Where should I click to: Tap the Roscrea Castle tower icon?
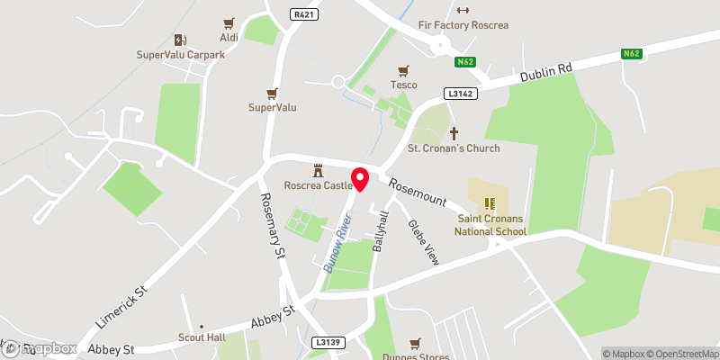318,170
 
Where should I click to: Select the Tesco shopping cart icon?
403,70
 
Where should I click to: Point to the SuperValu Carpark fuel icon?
179,40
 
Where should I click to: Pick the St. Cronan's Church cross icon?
454,133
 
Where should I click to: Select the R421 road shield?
302,14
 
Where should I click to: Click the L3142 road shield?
459,94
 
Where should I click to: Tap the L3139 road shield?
328,343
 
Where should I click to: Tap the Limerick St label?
120,308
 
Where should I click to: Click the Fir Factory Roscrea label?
463,25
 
